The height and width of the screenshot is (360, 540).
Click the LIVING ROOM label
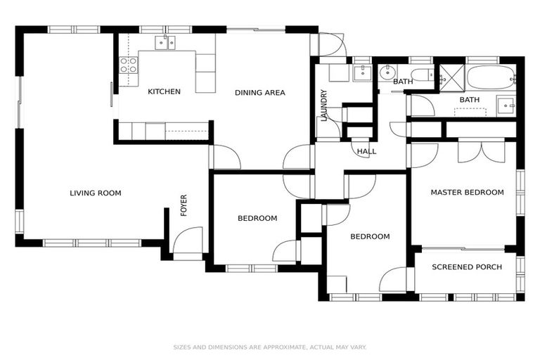(95, 193)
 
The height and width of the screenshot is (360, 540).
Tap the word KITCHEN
(164, 91)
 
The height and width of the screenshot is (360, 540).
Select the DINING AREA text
(259, 92)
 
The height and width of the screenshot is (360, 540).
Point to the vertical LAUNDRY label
(324, 105)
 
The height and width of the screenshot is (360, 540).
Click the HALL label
(366, 151)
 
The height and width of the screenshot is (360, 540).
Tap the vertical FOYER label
(184, 205)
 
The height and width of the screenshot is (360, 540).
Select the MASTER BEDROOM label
(467, 193)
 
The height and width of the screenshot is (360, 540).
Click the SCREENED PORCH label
(467, 267)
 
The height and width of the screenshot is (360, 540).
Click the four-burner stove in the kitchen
(128, 65)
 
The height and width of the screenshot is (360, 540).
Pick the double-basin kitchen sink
(166, 44)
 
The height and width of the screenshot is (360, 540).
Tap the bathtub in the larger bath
(491, 77)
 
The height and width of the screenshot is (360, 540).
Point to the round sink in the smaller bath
(387, 72)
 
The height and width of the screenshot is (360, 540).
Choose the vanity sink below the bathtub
(505, 105)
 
